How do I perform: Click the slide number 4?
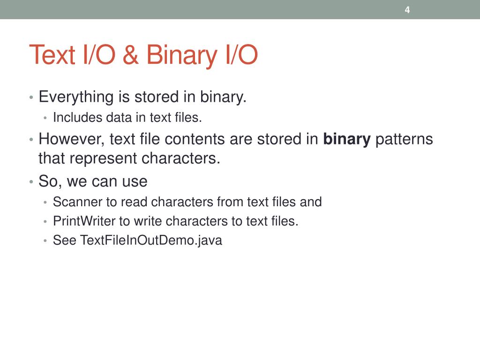coord(407,10)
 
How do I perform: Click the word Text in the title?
coord(52,55)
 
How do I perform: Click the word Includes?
coord(77,118)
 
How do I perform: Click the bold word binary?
coord(347,139)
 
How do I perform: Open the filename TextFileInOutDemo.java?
coord(151,240)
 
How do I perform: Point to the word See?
coord(64,240)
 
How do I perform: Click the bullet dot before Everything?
coord(31,98)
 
